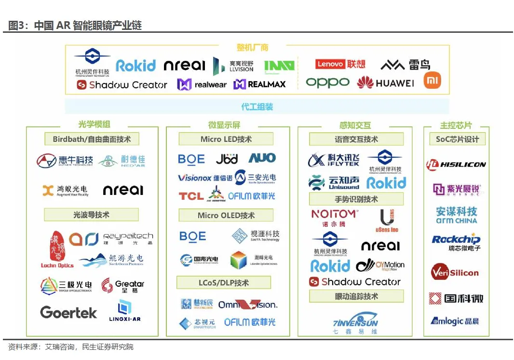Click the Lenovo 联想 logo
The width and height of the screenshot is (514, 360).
(x=340, y=64)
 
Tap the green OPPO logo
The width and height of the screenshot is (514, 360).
(x=327, y=83)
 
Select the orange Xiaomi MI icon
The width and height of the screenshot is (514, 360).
(x=432, y=81)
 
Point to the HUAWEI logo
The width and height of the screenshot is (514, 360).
(x=385, y=83)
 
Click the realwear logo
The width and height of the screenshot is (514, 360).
(x=202, y=84)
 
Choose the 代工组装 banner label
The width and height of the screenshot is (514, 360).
(x=257, y=107)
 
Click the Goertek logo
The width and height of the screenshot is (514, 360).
(x=68, y=312)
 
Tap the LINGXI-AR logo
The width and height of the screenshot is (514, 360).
(x=125, y=311)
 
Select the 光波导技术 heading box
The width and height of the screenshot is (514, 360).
(x=91, y=215)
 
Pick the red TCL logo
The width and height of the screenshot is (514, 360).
(x=191, y=196)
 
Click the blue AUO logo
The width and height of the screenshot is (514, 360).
(x=262, y=158)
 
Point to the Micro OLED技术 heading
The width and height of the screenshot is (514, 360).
(x=226, y=215)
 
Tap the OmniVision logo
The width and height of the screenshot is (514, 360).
(x=248, y=305)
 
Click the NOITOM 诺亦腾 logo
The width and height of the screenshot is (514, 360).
(x=334, y=217)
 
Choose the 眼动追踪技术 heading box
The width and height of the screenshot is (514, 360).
(x=356, y=296)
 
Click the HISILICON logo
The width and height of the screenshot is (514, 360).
(x=456, y=165)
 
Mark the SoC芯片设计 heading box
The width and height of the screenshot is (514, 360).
(x=457, y=139)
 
